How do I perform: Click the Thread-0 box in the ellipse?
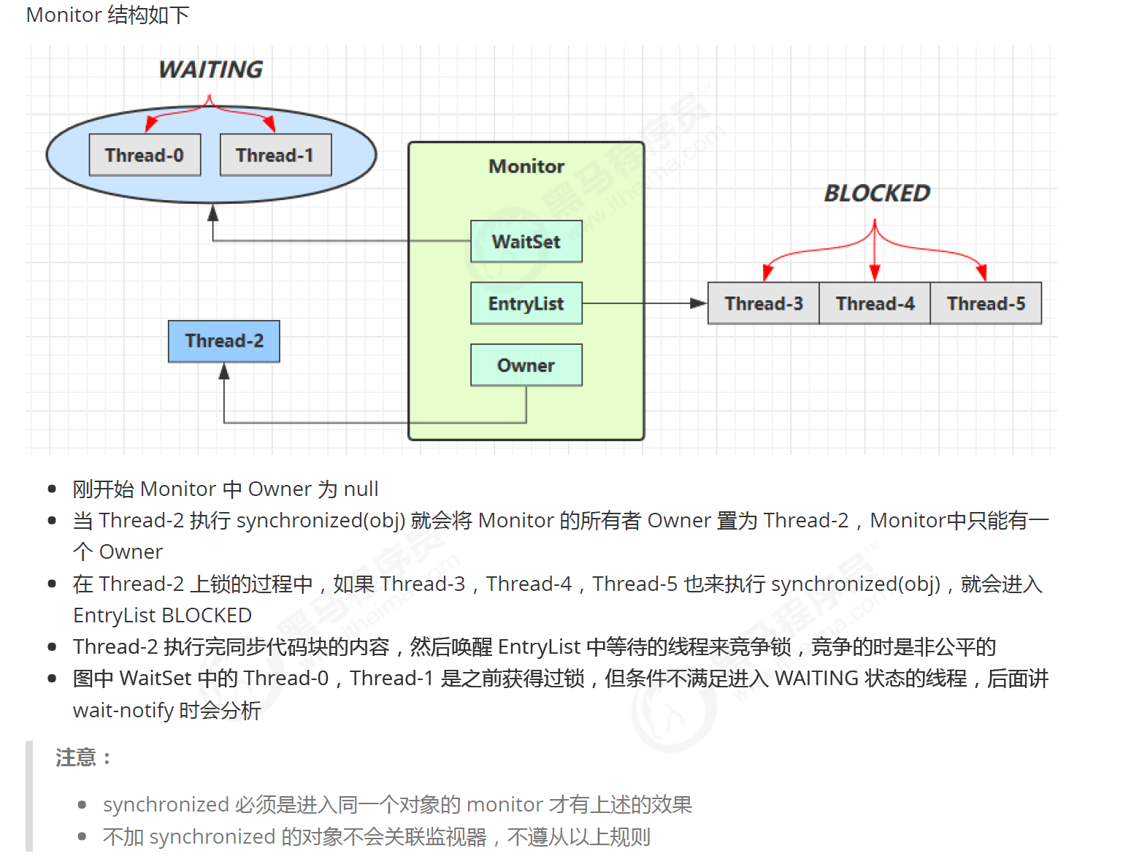coord(145,155)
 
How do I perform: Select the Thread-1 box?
coord(275,155)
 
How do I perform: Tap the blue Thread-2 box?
coord(223,341)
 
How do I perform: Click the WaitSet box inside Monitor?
coord(526,242)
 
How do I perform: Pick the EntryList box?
coord(526,304)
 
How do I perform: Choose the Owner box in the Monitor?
coord(526,365)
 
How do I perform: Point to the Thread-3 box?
coord(764,304)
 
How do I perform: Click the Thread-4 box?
coord(875,304)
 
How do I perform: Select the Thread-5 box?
coord(986,304)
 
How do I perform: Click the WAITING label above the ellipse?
coord(211,69)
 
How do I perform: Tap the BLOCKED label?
coord(877,194)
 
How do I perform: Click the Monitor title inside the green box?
coord(526,167)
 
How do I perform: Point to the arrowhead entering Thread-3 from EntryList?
coord(699,303)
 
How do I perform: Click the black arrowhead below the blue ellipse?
coord(212,213)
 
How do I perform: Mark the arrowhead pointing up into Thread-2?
coord(224,372)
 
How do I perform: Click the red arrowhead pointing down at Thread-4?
coord(875,273)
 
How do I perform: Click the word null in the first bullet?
coord(361,489)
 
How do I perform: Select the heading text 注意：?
coord(83,757)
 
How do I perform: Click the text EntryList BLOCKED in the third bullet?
coord(162,616)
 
